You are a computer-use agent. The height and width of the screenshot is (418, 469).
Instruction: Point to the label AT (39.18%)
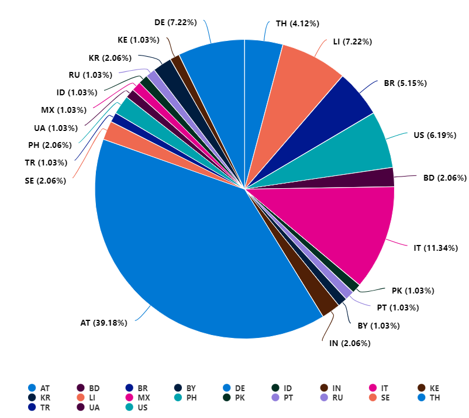[x=104, y=323]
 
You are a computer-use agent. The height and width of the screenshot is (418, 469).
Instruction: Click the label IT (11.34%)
[x=436, y=248]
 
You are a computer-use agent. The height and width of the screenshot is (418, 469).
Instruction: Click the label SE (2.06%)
[x=46, y=181]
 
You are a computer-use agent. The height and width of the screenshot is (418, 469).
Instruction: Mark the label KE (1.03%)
[x=139, y=40]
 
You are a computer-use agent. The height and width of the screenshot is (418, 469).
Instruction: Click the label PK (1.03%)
[x=413, y=290]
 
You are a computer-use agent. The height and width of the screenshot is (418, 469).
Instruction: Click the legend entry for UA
[x=89, y=407]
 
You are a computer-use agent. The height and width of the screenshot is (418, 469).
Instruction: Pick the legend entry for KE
[x=430, y=388]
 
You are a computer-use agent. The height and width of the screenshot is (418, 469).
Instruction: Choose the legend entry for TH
[x=430, y=398]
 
